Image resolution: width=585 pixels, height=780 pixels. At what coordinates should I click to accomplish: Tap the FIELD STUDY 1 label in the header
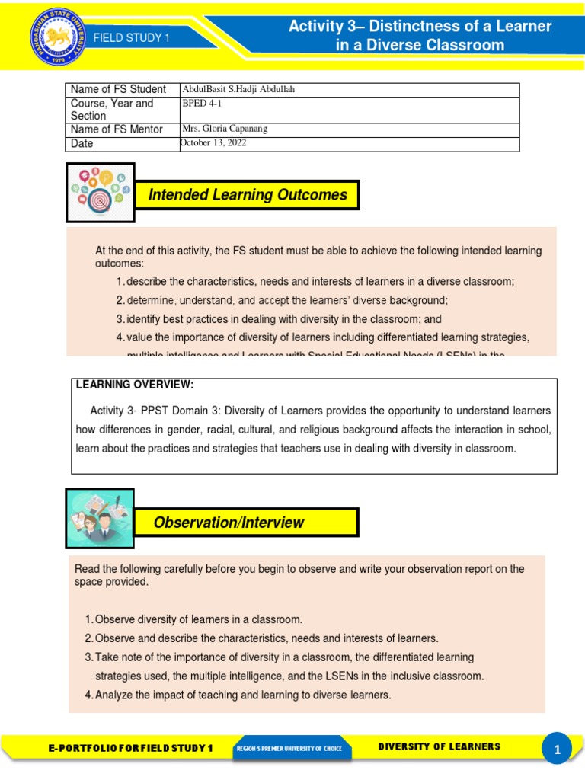(132, 38)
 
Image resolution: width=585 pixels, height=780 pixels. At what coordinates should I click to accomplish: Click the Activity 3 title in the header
(420, 36)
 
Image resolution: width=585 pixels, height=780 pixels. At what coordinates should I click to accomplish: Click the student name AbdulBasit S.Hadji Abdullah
(238, 90)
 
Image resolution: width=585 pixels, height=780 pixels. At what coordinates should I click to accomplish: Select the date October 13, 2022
(213, 143)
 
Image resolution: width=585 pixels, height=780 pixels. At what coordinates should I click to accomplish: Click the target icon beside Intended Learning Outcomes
(101, 193)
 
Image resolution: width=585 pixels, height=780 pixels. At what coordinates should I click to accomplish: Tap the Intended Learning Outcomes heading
(248, 195)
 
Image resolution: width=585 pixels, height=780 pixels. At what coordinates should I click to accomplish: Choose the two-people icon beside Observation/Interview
(100, 519)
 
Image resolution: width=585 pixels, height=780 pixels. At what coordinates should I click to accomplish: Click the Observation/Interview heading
(229, 523)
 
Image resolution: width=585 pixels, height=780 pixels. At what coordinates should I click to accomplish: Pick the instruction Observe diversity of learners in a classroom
(198, 619)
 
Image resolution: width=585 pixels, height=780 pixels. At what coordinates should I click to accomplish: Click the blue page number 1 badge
(557, 749)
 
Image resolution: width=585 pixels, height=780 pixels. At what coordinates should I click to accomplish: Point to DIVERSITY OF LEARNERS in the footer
(440, 746)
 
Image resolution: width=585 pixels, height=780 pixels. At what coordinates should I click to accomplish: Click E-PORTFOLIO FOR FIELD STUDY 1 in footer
(130, 748)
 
